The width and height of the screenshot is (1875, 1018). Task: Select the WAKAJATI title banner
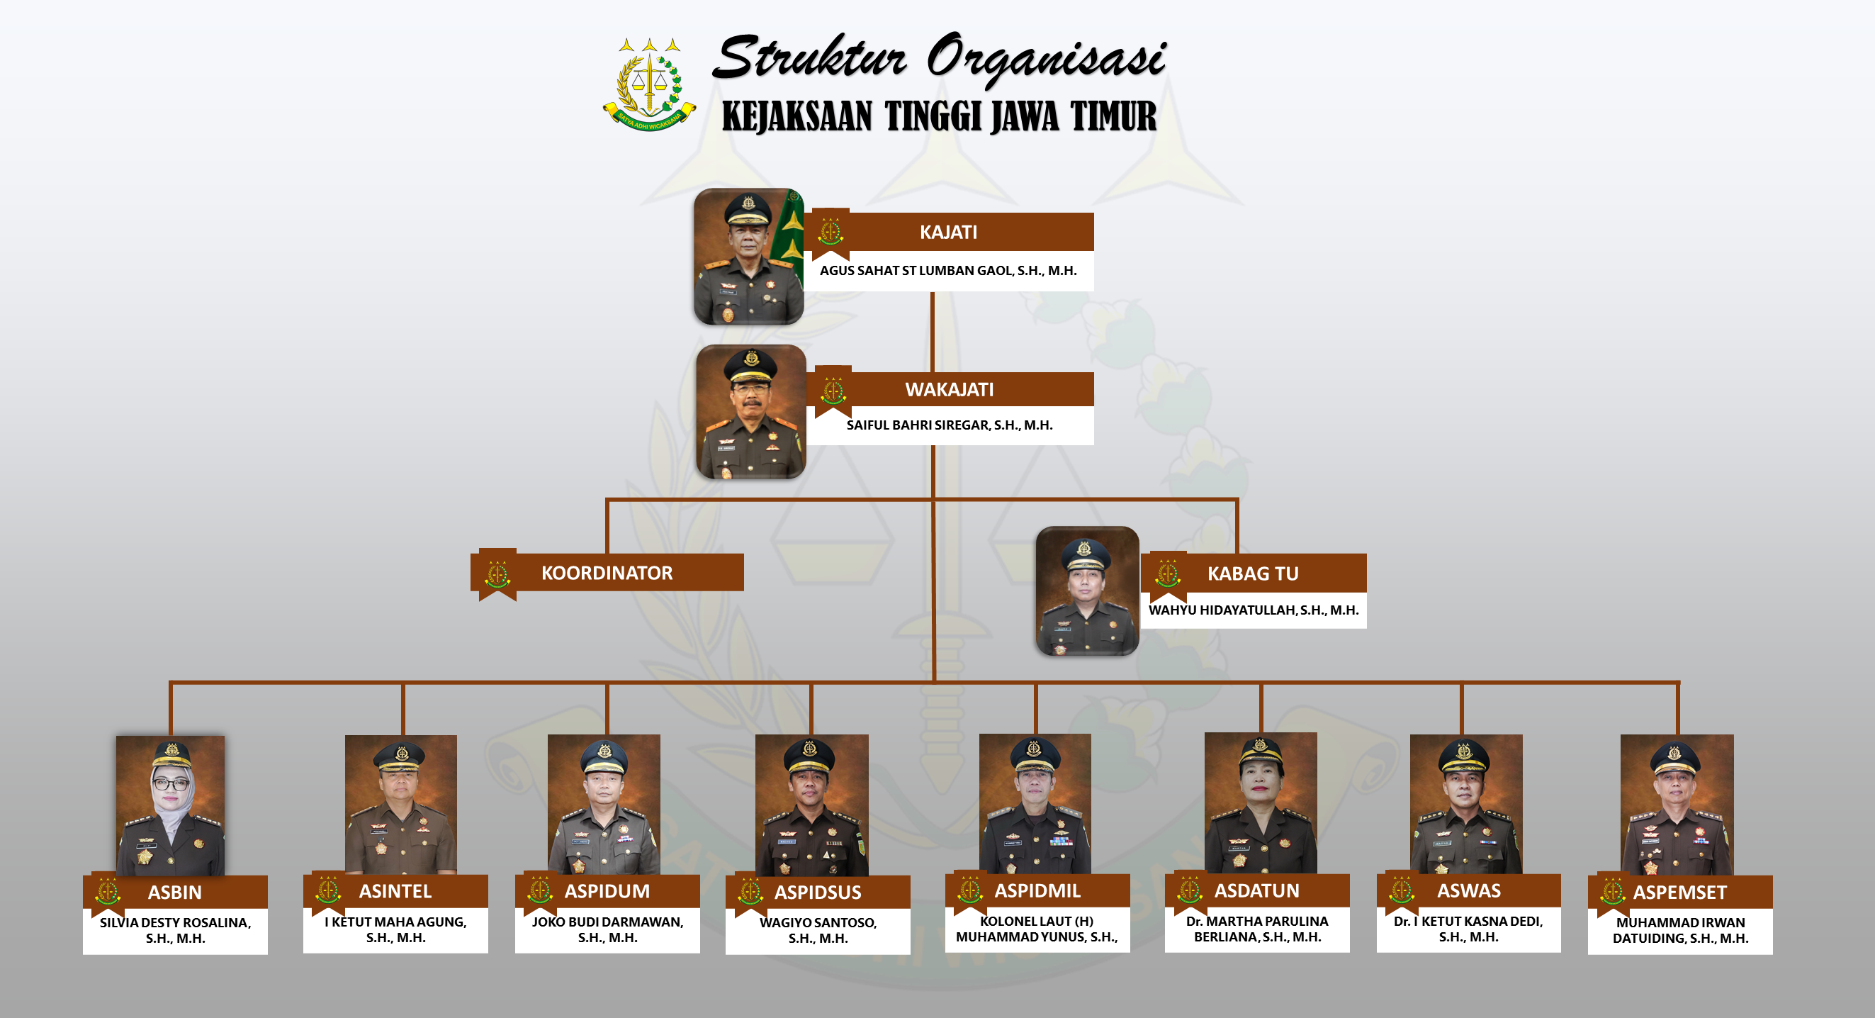coord(950,390)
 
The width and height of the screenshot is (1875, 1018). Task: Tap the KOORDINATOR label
coord(607,573)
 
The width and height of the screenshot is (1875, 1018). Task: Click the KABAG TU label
coord(1253,574)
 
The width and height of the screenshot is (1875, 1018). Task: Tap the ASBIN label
coord(175,892)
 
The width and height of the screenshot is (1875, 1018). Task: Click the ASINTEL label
coord(395,891)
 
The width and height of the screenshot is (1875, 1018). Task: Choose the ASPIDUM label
coord(607,891)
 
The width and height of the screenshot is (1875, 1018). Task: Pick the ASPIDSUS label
coord(818,892)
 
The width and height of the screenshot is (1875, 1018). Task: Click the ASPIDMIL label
coord(1037,890)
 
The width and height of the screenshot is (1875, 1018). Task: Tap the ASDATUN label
coord(1256,890)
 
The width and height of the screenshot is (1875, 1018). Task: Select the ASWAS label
coord(1469,890)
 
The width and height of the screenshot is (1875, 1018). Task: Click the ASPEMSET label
coord(1680,892)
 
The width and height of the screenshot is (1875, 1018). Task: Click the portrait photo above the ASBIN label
coord(170,805)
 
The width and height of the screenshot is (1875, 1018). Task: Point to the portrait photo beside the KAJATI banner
coord(748,257)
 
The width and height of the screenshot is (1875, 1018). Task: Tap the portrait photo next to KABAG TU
coord(1088,591)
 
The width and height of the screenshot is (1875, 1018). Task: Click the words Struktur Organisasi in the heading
coord(939,58)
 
